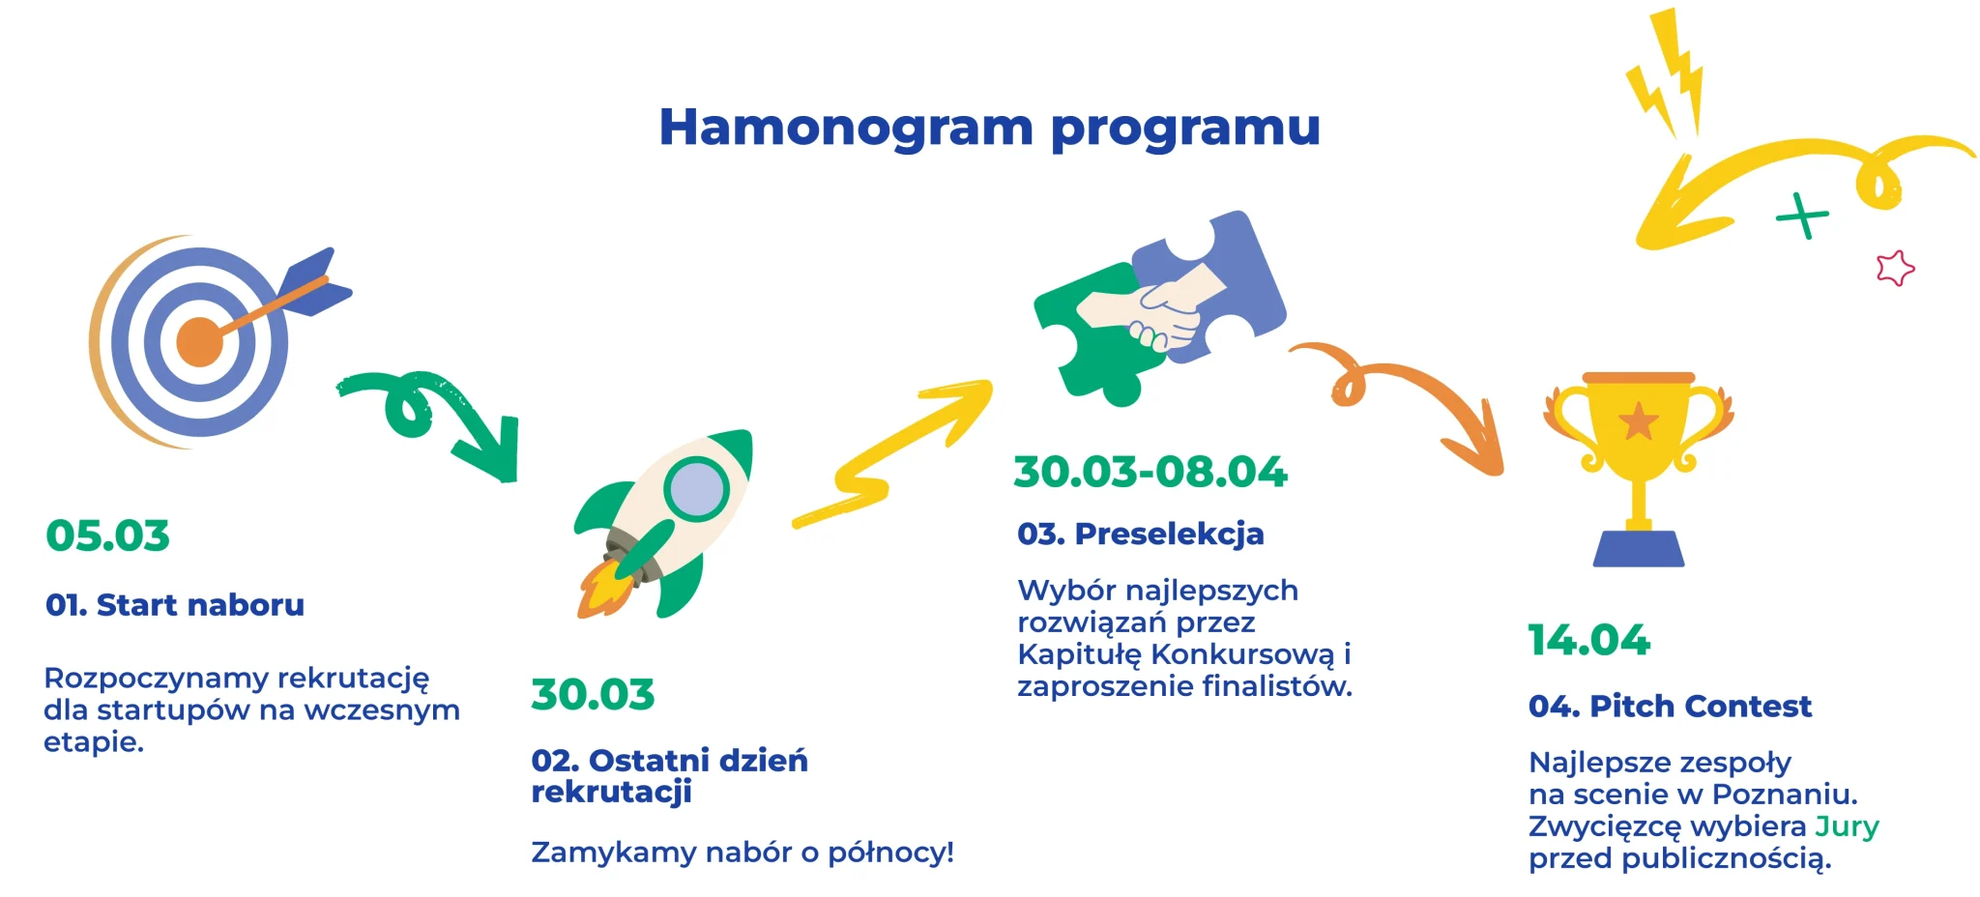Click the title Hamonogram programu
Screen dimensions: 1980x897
(x=989, y=128)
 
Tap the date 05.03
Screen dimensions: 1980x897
(x=107, y=535)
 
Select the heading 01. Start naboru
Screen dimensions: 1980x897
(x=175, y=605)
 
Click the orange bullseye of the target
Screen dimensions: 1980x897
(x=200, y=341)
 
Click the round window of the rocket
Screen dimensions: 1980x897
(x=696, y=489)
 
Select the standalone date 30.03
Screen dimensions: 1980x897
(x=593, y=694)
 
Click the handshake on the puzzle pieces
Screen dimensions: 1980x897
(x=1152, y=307)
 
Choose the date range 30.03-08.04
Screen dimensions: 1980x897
(x=1150, y=472)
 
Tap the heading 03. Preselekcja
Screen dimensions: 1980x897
(x=1141, y=534)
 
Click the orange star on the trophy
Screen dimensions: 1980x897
(x=1639, y=421)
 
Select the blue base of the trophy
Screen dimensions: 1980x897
(x=1639, y=548)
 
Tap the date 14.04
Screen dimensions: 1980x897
(x=1589, y=640)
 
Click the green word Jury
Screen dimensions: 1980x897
(x=1847, y=827)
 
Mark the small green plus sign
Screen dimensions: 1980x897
(x=1802, y=216)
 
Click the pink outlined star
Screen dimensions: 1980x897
(x=1895, y=268)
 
